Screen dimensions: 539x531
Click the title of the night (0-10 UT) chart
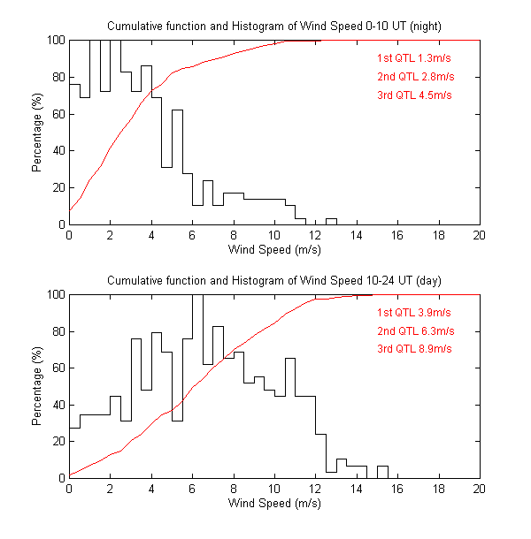[274, 27]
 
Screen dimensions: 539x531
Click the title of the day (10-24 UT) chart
[274, 280]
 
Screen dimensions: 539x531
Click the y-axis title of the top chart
[38, 132]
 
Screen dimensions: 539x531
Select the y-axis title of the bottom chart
[38, 385]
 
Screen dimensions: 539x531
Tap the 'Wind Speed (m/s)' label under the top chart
[274, 250]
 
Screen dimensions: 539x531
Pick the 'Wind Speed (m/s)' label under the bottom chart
[274, 504]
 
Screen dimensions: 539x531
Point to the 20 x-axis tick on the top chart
[479, 236]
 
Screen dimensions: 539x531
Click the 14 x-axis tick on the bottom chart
[357, 490]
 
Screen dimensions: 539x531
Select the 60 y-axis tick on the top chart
[56, 114]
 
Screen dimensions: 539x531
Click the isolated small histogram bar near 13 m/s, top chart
[331, 221]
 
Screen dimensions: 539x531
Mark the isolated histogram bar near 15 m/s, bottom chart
[382, 472]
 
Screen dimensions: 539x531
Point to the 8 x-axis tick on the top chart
[234, 236]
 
